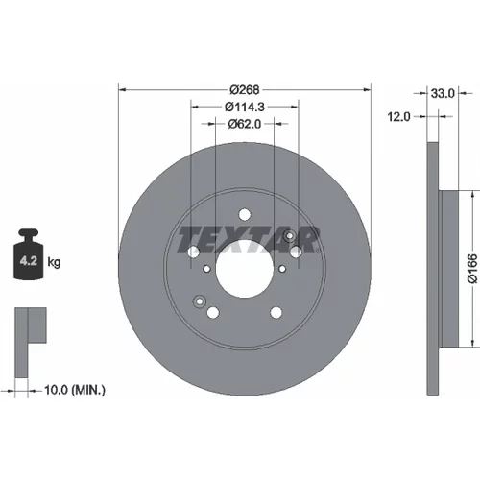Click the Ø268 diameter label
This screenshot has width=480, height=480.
pyautogui.click(x=245, y=90)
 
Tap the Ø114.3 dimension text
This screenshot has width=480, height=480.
pyautogui.click(x=245, y=107)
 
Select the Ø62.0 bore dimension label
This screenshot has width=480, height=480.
pyautogui.click(x=245, y=124)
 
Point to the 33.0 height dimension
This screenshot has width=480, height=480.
pyautogui.click(x=443, y=93)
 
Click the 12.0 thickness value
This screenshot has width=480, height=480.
pyautogui.click(x=398, y=117)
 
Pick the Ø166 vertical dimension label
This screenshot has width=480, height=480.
pyautogui.click(x=472, y=269)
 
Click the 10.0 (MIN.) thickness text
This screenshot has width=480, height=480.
pyautogui.click(x=75, y=390)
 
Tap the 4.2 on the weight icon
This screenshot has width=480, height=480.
pyautogui.click(x=29, y=261)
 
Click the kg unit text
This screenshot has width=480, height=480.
pyautogui.click(x=54, y=262)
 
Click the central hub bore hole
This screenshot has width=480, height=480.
pyautogui.click(x=245, y=269)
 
